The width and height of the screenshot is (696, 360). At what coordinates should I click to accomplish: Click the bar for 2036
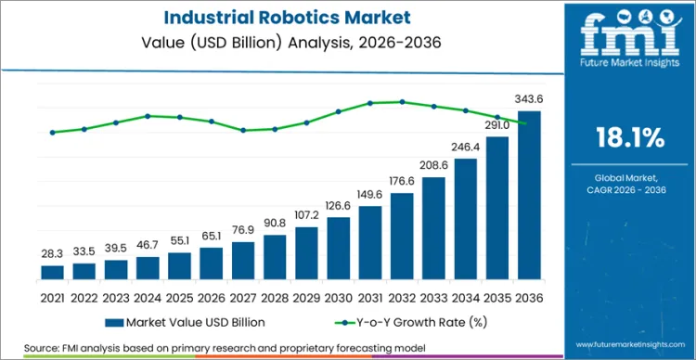(x=529, y=195)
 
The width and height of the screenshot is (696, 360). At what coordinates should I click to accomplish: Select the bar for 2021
(x=53, y=272)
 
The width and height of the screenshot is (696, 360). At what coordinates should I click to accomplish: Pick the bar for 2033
(x=433, y=228)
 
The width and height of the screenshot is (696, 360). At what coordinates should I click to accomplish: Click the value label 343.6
(x=529, y=99)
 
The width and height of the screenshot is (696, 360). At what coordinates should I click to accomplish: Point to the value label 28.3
(x=53, y=254)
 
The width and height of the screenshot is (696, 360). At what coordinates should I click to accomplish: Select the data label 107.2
(x=306, y=215)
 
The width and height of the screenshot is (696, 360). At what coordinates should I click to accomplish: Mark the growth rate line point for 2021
(x=53, y=132)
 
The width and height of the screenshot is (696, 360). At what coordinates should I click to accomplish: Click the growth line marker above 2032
(x=402, y=102)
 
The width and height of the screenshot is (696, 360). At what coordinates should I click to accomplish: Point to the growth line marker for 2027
(x=243, y=130)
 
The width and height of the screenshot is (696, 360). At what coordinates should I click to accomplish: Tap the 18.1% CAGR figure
(x=628, y=139)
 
